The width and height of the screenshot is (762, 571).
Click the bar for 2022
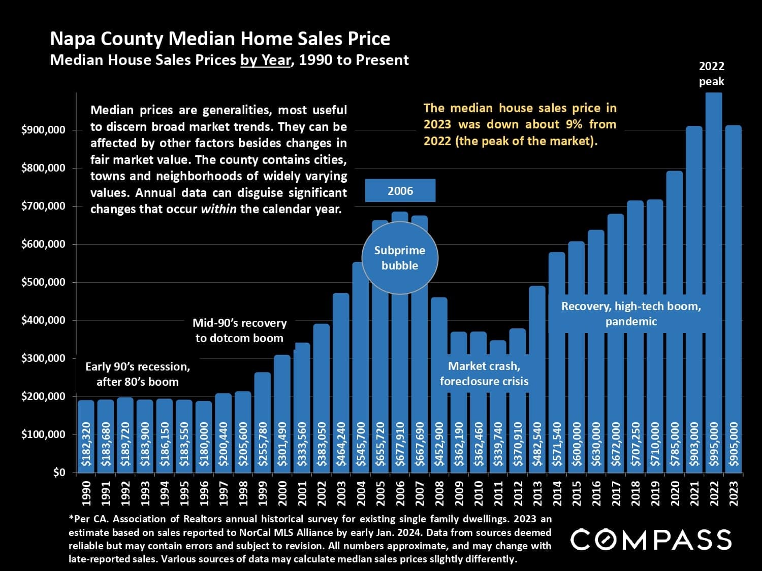click(714, 254)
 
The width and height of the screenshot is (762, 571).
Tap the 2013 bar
click(537, 355)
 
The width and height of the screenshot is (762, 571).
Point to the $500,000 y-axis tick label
click(44, 282)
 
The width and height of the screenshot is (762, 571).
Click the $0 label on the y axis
click(59, 473)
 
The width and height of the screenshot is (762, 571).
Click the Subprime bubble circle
click(400, 258)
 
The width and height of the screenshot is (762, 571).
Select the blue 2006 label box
click(400, 191)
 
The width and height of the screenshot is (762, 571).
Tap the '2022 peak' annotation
click(711, 74)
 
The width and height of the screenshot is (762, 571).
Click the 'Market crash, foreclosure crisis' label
click(484, 374)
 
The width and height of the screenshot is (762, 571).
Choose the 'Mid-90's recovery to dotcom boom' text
click(240, 330)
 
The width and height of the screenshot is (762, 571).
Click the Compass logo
click(651, 540)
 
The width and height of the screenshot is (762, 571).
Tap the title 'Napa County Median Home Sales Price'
click(220, 39)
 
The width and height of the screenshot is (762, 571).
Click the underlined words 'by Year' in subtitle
click(265, 60)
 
